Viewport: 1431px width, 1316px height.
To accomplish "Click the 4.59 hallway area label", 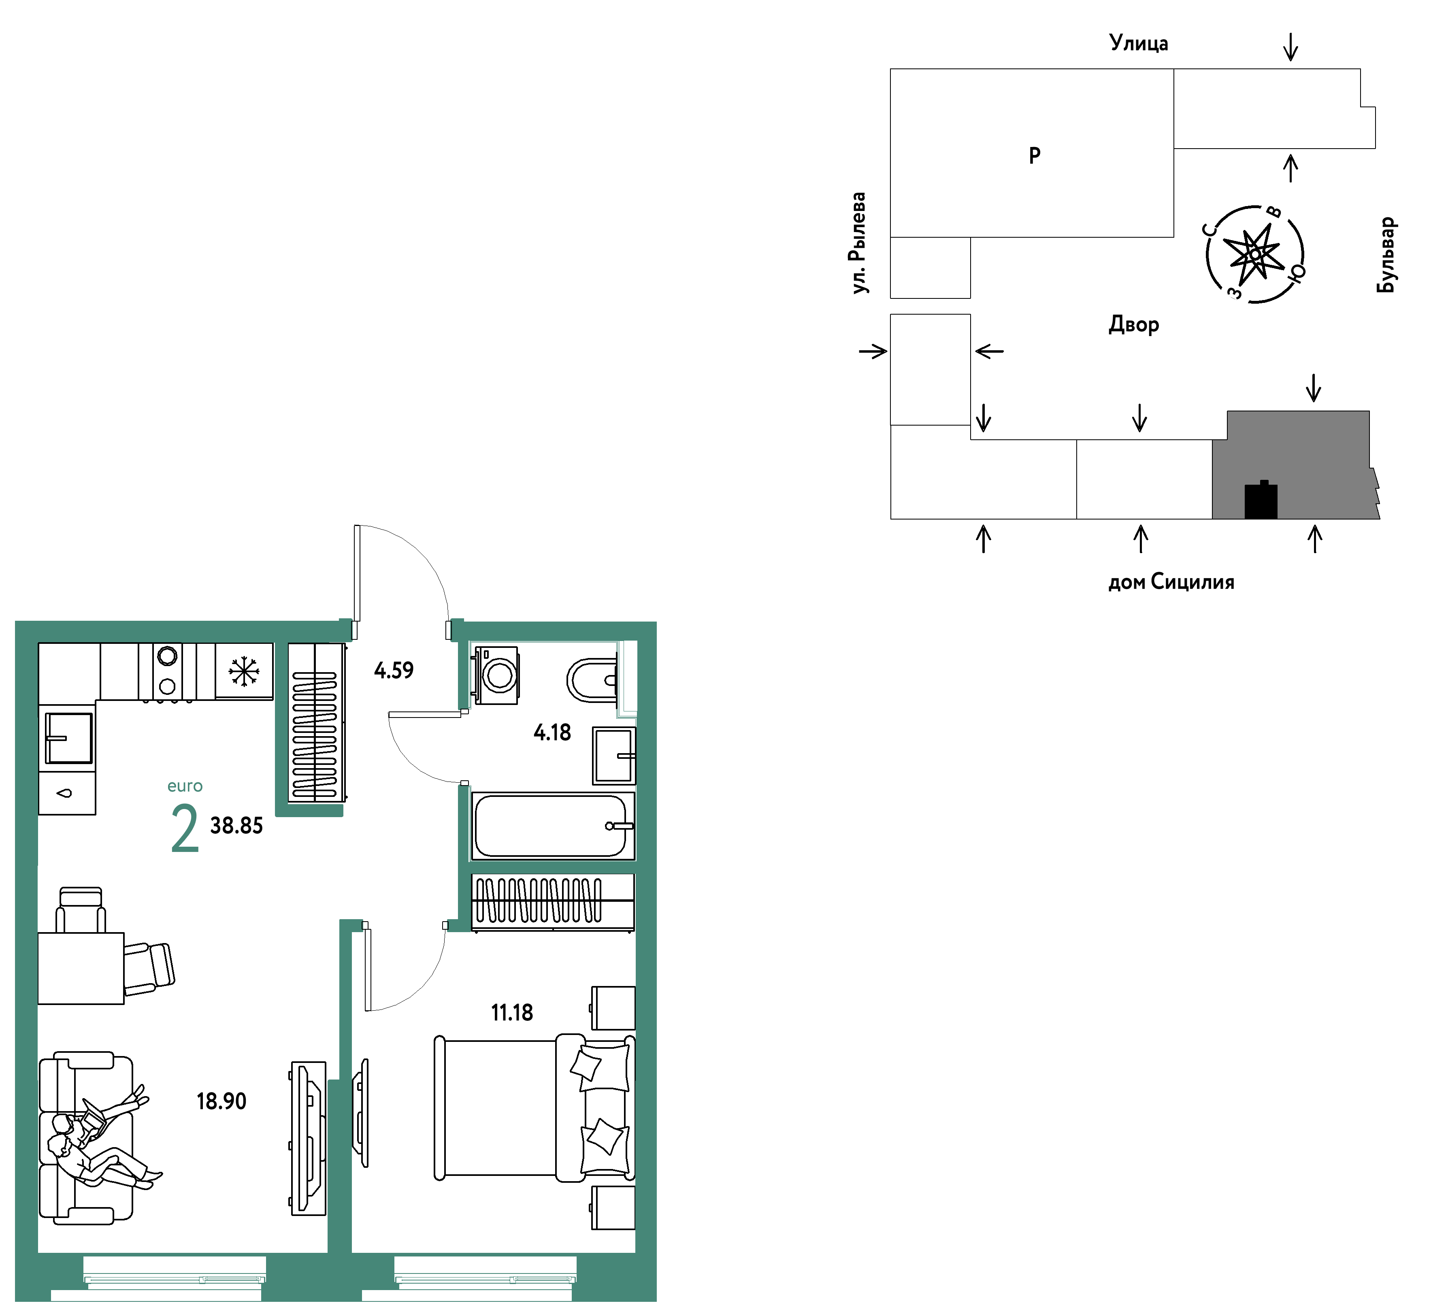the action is click(x=394, y=670).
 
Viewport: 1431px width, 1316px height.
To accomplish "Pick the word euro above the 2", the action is click(x=185, y=786).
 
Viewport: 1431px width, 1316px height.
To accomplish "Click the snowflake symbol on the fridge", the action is click(x=243, y=671).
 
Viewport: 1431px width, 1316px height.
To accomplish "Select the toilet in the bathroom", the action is click(x=592, y=680).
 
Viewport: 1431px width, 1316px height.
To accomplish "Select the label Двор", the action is click(x=1133, y=325).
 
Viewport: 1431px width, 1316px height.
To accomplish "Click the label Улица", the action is click(x=1138, y=43).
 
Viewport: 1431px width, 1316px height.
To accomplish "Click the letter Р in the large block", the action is click(x=1035, y=155).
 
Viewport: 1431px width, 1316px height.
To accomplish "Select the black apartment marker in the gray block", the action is click(x=1261, y=500).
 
